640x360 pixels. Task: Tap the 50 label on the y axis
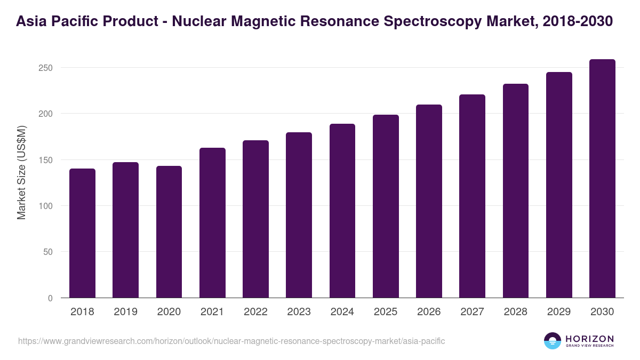[49, 252]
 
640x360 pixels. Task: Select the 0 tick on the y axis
[51, 298]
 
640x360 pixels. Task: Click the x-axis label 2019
[125, 312]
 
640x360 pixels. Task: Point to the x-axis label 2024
[342, 312]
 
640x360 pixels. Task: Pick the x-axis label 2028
[515, 312]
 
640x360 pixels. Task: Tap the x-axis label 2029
[558, 312]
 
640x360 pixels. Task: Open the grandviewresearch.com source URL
[231, 341]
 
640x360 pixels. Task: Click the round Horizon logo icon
[553, 341]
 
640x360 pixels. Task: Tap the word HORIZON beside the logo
[589, 339]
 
